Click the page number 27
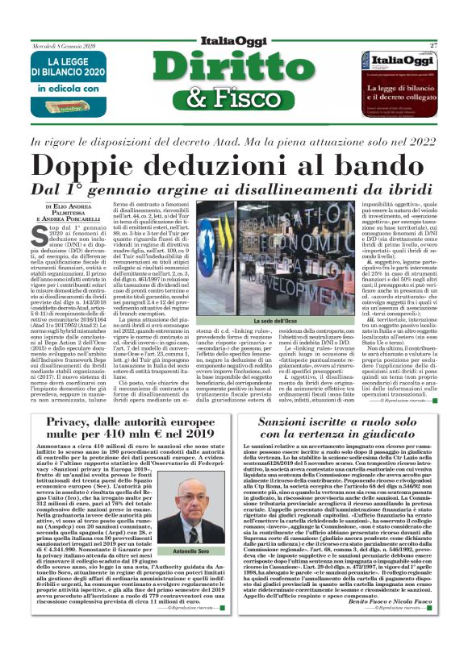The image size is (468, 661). pyautogui.click(x=433, y=46)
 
